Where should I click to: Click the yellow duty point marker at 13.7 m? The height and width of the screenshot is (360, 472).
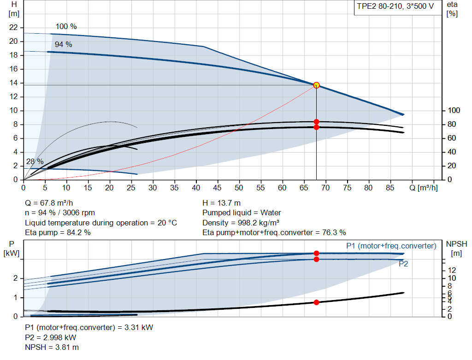click(x=316, y=85)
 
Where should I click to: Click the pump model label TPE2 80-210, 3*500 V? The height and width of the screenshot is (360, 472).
click(x=395, y=7)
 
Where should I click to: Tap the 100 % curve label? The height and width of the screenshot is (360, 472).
click(x=66, y=27)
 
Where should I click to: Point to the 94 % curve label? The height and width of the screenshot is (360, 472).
click(x=63, y=45)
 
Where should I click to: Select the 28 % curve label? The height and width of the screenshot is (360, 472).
click(x=35, y=162)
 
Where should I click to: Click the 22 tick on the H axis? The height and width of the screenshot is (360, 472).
click(x=13, y=28)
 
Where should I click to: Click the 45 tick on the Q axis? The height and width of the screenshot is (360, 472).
click(x=218, y=188)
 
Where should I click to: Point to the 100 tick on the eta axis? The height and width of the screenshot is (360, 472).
click(x=454, y=111)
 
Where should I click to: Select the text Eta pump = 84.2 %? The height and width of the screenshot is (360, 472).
click(x=58, y=233)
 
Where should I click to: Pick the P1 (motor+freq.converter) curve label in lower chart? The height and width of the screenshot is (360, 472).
click(x=391, y=246)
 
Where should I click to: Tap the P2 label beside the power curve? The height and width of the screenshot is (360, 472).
click(x=403, y=264)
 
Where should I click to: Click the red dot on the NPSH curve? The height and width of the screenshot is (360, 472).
click(x=316, y=302)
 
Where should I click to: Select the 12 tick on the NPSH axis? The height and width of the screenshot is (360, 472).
click(x=452, y=270)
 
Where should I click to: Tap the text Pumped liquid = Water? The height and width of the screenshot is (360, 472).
click(x=242, y=213)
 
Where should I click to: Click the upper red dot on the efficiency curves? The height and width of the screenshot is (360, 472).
click(x=316, y=122)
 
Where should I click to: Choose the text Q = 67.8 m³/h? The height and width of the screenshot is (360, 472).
click(x=49, y=203)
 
